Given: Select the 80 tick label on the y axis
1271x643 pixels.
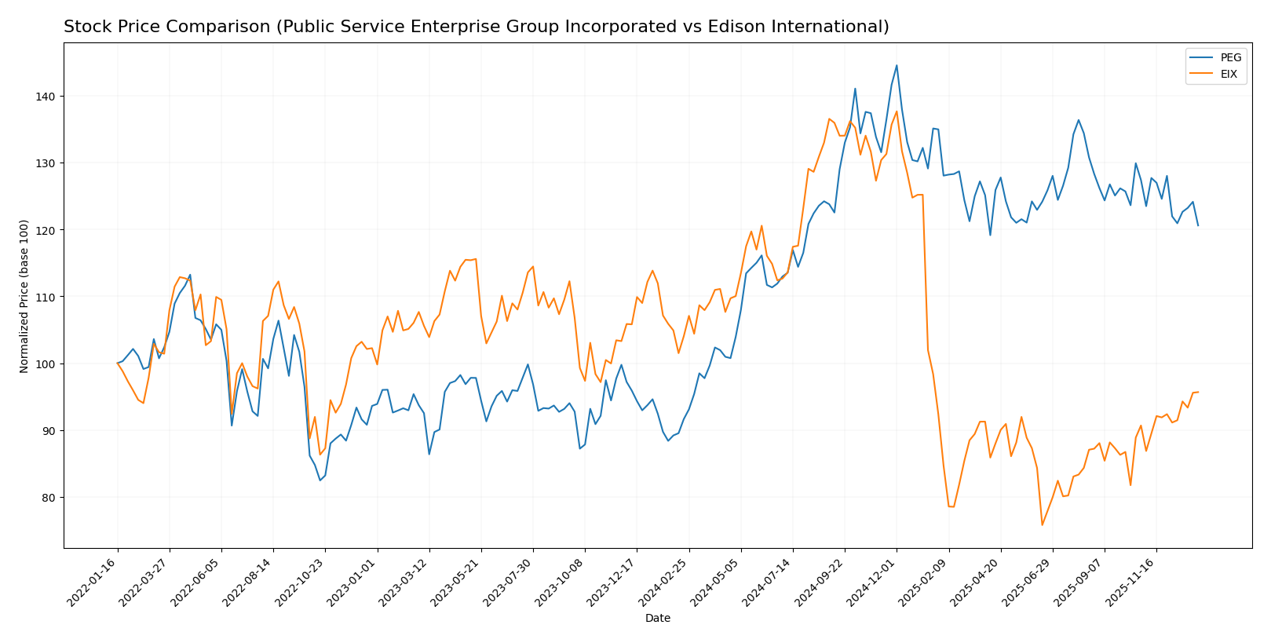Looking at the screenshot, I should [46, 498].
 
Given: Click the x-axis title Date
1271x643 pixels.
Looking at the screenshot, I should [658, 619].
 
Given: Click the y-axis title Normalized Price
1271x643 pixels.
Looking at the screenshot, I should [24, 297].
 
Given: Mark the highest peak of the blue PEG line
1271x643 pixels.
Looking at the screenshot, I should [897, 65].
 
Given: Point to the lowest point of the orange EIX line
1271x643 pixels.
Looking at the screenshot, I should [1042, 525].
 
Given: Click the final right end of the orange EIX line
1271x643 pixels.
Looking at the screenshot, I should [1198, 392].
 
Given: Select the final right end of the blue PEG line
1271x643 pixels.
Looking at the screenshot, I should [1198, 225].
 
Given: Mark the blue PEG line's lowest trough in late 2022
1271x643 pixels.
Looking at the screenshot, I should [320, 480].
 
